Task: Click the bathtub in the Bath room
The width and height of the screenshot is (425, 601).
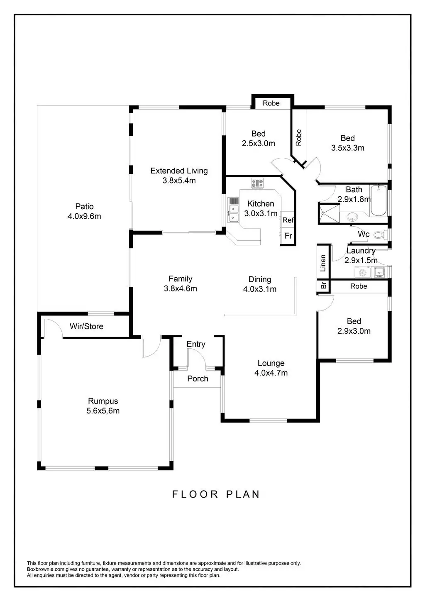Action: click(378, 200)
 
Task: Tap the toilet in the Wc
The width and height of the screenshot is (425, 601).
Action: click(379, 235)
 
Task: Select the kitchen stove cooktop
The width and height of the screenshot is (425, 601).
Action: click(257, 183)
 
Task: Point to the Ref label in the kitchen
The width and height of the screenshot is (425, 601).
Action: click(288, 220)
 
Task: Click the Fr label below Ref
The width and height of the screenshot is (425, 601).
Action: click(288, 236)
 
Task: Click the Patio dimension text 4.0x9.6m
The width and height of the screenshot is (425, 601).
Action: click(84, 216)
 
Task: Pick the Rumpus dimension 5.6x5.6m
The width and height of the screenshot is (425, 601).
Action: click(103, 411)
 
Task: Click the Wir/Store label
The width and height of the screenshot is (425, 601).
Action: click(86, 327)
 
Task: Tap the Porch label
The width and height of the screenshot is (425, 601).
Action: click(198, 379)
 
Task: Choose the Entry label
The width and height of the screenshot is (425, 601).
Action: click(196, 344)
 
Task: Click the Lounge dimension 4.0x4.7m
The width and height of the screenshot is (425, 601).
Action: click(271, 373)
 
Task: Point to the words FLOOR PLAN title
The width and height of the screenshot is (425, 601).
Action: click(216, 494)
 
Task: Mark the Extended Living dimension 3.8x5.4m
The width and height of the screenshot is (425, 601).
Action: click(179, 181)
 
